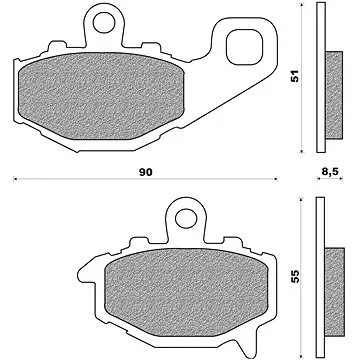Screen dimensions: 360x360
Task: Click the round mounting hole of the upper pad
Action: pyautogui.click(x=97, y=18)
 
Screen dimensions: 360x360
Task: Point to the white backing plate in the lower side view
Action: pyautogui.click(x=320, y=284)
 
